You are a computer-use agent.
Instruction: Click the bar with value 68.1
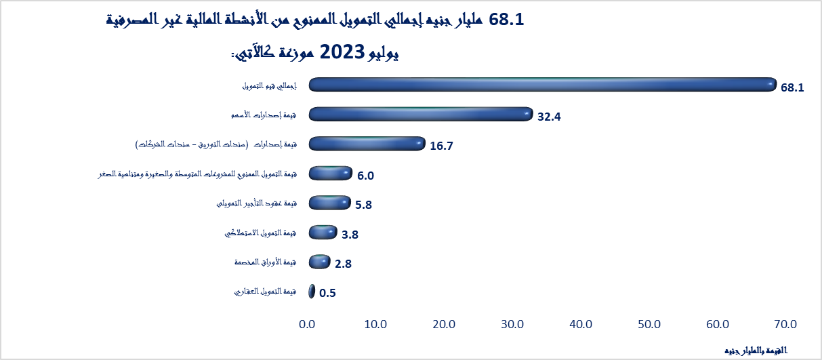click(542, 85)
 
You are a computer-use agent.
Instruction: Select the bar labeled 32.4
click(420, 114)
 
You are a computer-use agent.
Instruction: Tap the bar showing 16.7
click(367, 144)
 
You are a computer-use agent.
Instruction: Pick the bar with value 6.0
click(330, 174)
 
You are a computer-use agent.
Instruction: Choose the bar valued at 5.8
click(329, 203)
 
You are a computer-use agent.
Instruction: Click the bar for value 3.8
click(323, 233)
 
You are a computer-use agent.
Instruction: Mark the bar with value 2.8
click(319, 262)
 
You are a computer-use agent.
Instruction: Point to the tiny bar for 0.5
click(312, 292)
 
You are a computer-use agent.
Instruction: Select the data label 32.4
click(549, 117)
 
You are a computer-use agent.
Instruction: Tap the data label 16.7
click(441, 146)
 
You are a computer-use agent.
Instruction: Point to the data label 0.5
click(327, 294)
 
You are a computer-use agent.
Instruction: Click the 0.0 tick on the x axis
click(307, 325)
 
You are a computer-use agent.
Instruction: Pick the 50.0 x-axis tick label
click(649, 325)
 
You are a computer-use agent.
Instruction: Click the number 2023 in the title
click(344, 52)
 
